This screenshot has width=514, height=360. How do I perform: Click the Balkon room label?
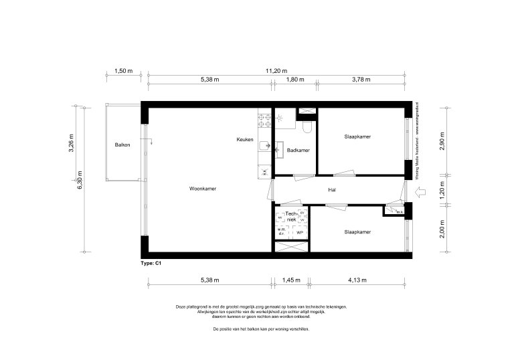point(122,145)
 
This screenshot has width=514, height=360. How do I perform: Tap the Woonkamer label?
point(203,189)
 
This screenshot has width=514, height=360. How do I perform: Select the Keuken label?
point(244,140)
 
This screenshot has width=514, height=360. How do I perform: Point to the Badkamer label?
point(298,151)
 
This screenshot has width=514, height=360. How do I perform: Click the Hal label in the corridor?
point(331,190)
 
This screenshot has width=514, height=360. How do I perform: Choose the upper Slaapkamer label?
point(357,137)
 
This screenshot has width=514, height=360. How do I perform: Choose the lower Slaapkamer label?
point(357,232)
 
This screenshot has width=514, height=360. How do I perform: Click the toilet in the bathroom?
point(307,125)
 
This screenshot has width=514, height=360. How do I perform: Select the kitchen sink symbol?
point(266,144)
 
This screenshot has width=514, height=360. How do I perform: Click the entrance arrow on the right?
point(422,193)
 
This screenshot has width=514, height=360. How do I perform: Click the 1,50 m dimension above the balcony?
point(123,71)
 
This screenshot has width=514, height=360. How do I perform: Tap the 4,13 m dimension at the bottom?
point(359,280)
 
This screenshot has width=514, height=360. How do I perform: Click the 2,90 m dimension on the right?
point(442,143)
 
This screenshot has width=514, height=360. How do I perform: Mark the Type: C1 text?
point(151,264)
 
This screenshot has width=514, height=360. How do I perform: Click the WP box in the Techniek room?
point(300,232)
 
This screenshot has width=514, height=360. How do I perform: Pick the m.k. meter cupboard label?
point(400,213)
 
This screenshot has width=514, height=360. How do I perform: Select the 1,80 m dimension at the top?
point(295,80)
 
